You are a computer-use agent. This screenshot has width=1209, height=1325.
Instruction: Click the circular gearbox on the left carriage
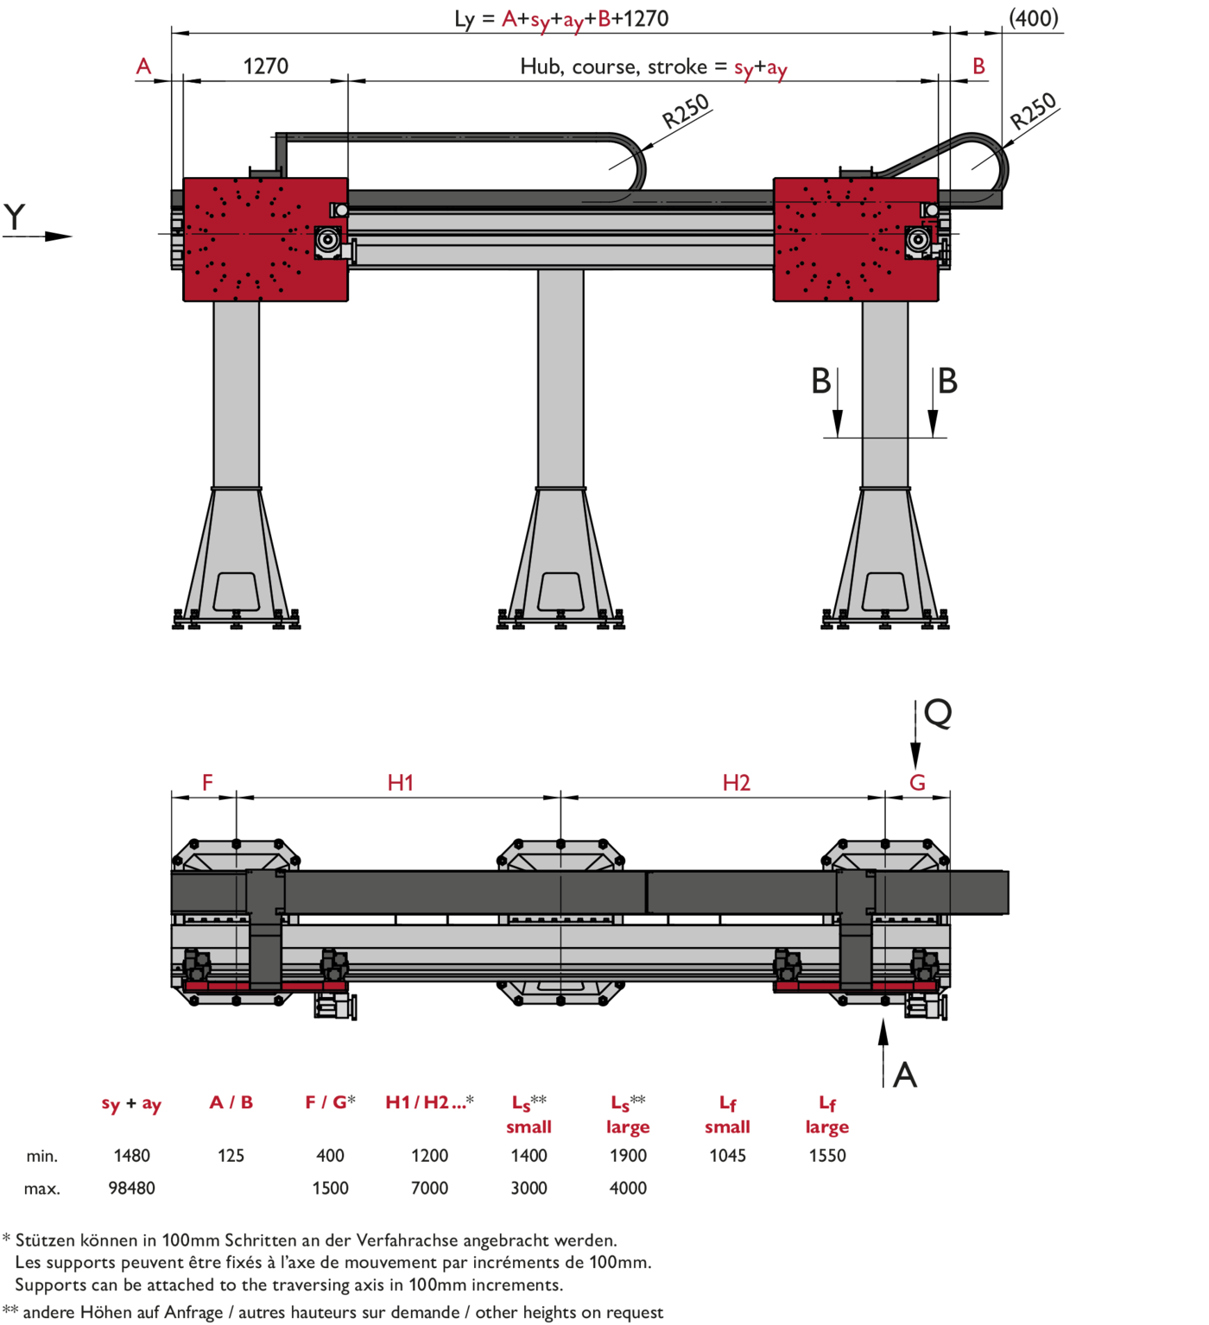point(327,239)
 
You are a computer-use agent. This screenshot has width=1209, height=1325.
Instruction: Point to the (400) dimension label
point(1034,18)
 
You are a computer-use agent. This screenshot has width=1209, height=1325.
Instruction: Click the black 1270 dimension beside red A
point(266,66)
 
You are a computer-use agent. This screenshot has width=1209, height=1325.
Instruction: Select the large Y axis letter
point(15,217)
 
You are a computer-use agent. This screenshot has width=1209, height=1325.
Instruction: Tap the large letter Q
point(938,713)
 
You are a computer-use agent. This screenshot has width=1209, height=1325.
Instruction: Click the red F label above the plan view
point(207,783)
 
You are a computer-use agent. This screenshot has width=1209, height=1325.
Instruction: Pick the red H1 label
point(400,783)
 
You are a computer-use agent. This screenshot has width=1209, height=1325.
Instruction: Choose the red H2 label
point(737,783)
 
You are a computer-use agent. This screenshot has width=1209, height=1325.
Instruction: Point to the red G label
point(917,783)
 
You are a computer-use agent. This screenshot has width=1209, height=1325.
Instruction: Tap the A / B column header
point(231,1102)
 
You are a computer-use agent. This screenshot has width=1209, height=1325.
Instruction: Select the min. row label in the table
point(42,1156)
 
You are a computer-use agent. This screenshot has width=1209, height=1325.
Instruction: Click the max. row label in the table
point(42,1189)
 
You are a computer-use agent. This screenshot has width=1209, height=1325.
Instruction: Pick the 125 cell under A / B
point(231,1156)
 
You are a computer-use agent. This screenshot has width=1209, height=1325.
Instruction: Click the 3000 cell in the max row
point(529,1189)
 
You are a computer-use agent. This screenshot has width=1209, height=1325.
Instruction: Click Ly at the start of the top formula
point(465,19)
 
